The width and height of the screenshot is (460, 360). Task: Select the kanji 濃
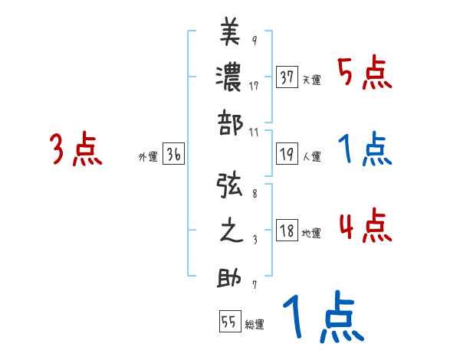coord(231,77)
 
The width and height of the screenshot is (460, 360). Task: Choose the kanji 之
coord(231,231)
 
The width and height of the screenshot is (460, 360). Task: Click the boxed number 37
coord(287,77)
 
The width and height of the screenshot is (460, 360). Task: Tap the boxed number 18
coord(287,231)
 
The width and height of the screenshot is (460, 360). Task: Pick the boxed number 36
coord(173,155)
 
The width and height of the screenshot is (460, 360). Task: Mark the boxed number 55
coord(229,322)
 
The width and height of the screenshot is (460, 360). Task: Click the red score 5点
coord(365,74)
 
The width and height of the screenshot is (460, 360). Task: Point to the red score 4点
coord(365,227)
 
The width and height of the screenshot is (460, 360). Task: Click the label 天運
coord(311,80)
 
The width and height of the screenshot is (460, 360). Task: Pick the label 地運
coord(311,234)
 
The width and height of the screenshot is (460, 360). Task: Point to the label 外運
coord(148,157)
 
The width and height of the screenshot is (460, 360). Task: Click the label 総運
coord(255,324)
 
